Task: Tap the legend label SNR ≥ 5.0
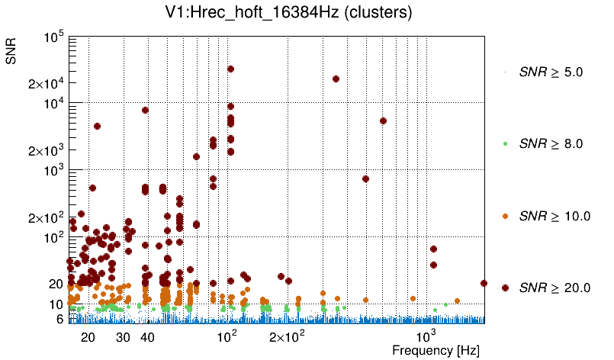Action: pos(551,72)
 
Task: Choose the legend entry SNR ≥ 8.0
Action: pos(551,143)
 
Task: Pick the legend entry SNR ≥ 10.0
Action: pos(554,216)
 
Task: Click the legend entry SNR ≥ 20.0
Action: pos(554,288)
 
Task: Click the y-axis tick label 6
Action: pos(59,320)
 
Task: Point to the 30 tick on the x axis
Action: pos(123,336)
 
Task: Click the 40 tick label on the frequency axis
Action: pos(148,336)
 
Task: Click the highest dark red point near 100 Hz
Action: pos(230,69)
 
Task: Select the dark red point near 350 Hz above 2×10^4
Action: pos(336,79)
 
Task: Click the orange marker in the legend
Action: pos(505,216)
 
